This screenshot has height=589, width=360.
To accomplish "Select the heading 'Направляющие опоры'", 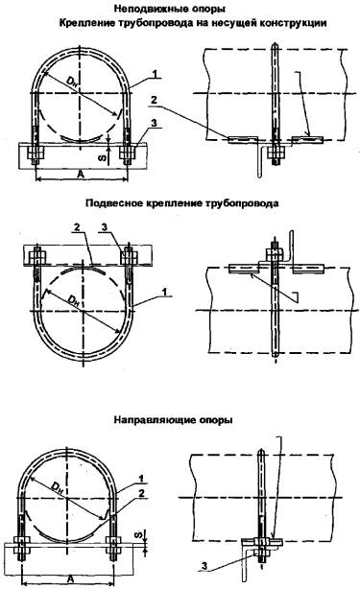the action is pyautogui.click(x=173, y=419).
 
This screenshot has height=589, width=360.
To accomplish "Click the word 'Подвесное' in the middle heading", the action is pyautogui.click(x=113, y=203).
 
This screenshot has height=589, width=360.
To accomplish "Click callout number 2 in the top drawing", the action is pyautogui.click(x=154, y=100).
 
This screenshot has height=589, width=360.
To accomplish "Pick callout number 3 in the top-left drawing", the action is pyautogui.click(x=154, y=123).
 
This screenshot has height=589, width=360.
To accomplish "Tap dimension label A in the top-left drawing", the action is pyautogui.click(x=80, y=174).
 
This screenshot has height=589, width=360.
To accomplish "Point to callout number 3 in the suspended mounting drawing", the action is pyautogui.click(x=105, y=227).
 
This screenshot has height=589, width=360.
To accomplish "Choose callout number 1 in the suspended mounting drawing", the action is pyautogui.click(x=164, y=292).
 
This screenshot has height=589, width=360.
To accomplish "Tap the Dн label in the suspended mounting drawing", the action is pyautogui.click(x=73, y=300).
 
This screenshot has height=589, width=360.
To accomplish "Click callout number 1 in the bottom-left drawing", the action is pyautogui.click(x=142, y=479).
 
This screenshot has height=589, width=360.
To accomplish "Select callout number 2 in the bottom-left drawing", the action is pyautogui.click(x=142, y=494).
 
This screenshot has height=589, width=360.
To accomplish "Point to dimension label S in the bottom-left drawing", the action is pyautogui.click(x=138, y=536).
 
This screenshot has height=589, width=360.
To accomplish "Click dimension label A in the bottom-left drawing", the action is pyautogui.click(x=69, y=578).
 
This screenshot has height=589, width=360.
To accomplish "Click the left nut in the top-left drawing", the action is pyautogui.click(x=36, y=153).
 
